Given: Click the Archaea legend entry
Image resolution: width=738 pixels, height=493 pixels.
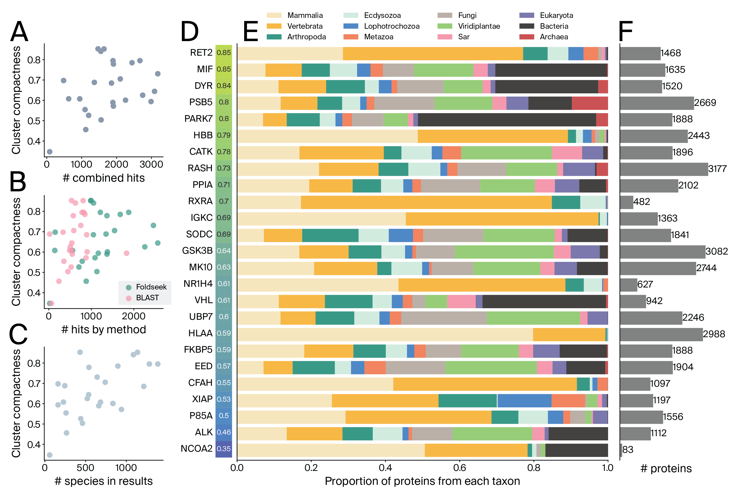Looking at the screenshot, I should point(554,37).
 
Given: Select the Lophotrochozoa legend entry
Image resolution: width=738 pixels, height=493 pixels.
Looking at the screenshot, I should point(391,26).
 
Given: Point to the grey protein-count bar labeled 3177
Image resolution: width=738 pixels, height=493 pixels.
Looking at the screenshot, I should point(664,169).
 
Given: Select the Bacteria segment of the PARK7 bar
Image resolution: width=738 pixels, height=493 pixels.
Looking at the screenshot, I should point(507,120).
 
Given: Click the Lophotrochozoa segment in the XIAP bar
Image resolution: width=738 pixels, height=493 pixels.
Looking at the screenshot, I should point(524,401).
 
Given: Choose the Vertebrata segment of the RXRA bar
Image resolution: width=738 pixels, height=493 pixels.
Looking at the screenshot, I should point(426,202).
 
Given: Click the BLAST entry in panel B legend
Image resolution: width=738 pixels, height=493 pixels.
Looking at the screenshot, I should point(147,298).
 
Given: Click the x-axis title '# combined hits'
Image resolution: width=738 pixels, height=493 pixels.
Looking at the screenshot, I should point(104,178).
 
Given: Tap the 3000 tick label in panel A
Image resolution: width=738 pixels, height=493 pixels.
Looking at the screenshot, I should point(151,164).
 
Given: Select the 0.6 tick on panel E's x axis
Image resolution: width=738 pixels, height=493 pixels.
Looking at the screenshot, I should point(460,468).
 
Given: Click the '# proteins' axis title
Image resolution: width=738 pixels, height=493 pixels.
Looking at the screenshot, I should point(666,468).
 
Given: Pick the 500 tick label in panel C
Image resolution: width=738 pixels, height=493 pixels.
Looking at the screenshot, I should point(86,468).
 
